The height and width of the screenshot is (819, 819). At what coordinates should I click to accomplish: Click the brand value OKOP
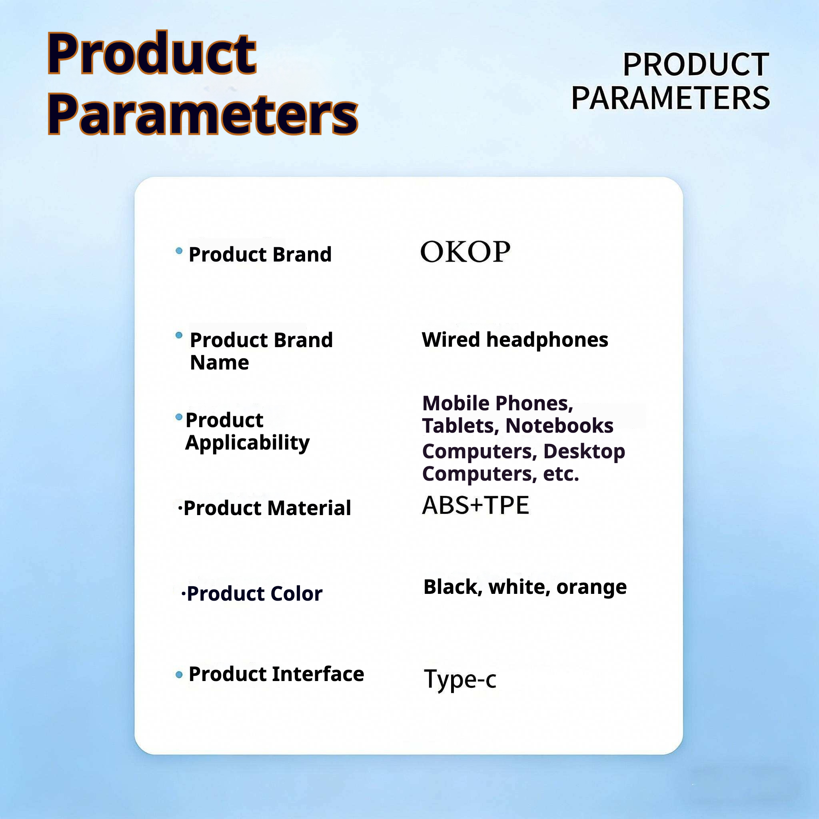click(465, 252)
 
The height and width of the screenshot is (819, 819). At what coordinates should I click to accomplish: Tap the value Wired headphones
click(515, 340)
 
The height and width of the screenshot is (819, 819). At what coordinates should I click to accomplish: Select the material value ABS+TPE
click(475, 505)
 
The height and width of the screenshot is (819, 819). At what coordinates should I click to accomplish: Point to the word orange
click(591, 587)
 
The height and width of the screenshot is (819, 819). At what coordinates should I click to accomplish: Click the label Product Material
click(267, 508)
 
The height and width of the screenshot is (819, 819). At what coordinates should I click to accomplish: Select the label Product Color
click(254, 593)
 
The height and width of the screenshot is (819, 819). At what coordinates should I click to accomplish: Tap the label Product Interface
click(276, 674)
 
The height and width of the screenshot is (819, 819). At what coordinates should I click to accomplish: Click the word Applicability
click(248, 443)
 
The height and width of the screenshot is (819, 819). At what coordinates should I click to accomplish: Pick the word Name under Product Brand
click(219, 363)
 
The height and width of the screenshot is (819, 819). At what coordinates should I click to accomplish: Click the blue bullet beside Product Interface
click(179, 675)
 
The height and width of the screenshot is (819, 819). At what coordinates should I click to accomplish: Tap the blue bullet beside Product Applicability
click(179, 417)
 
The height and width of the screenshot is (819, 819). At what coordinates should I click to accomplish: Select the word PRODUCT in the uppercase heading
click(696, 65)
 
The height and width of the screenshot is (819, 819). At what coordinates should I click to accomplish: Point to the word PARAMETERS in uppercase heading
click(671, 98)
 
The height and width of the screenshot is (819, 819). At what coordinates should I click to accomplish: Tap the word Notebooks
click(559, 425)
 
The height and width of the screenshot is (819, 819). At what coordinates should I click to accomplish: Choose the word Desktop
click(584, 452)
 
